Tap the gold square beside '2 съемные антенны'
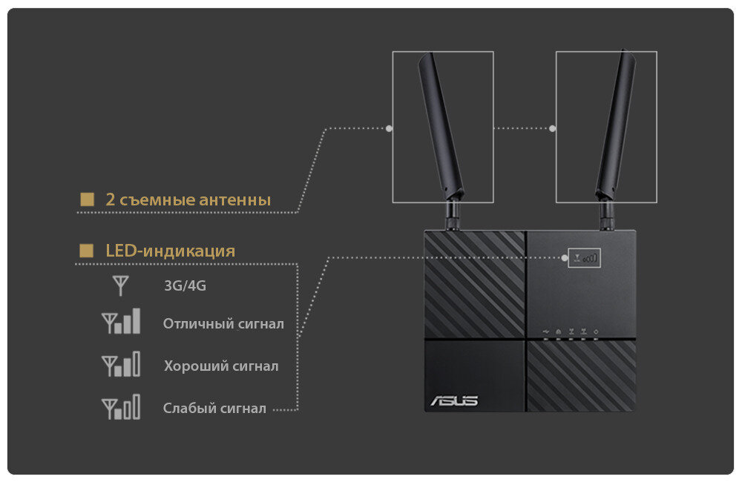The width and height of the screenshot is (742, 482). [87, 199]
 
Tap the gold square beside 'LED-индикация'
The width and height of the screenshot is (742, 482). [87, 251]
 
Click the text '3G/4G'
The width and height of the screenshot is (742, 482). [185, 285]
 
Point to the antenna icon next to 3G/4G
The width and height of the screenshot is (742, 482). [120, 285]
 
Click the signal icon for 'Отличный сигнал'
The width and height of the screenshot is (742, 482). [121, 322]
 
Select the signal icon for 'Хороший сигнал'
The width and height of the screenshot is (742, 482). [121, 365]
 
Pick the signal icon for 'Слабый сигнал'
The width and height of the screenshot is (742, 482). [121, 408]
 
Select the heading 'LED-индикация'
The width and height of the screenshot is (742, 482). [171, 251]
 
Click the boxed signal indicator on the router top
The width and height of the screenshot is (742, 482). [583, 258]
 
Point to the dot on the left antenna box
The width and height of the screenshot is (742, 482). [390, 128]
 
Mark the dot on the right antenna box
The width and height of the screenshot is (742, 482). [553, 128]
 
